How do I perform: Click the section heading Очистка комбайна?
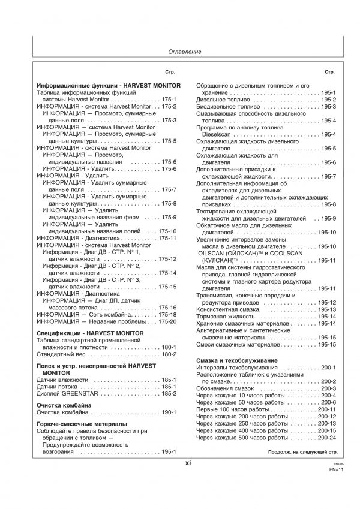tap(64, 406)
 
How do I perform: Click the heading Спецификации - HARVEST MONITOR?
tap(90, 332)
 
